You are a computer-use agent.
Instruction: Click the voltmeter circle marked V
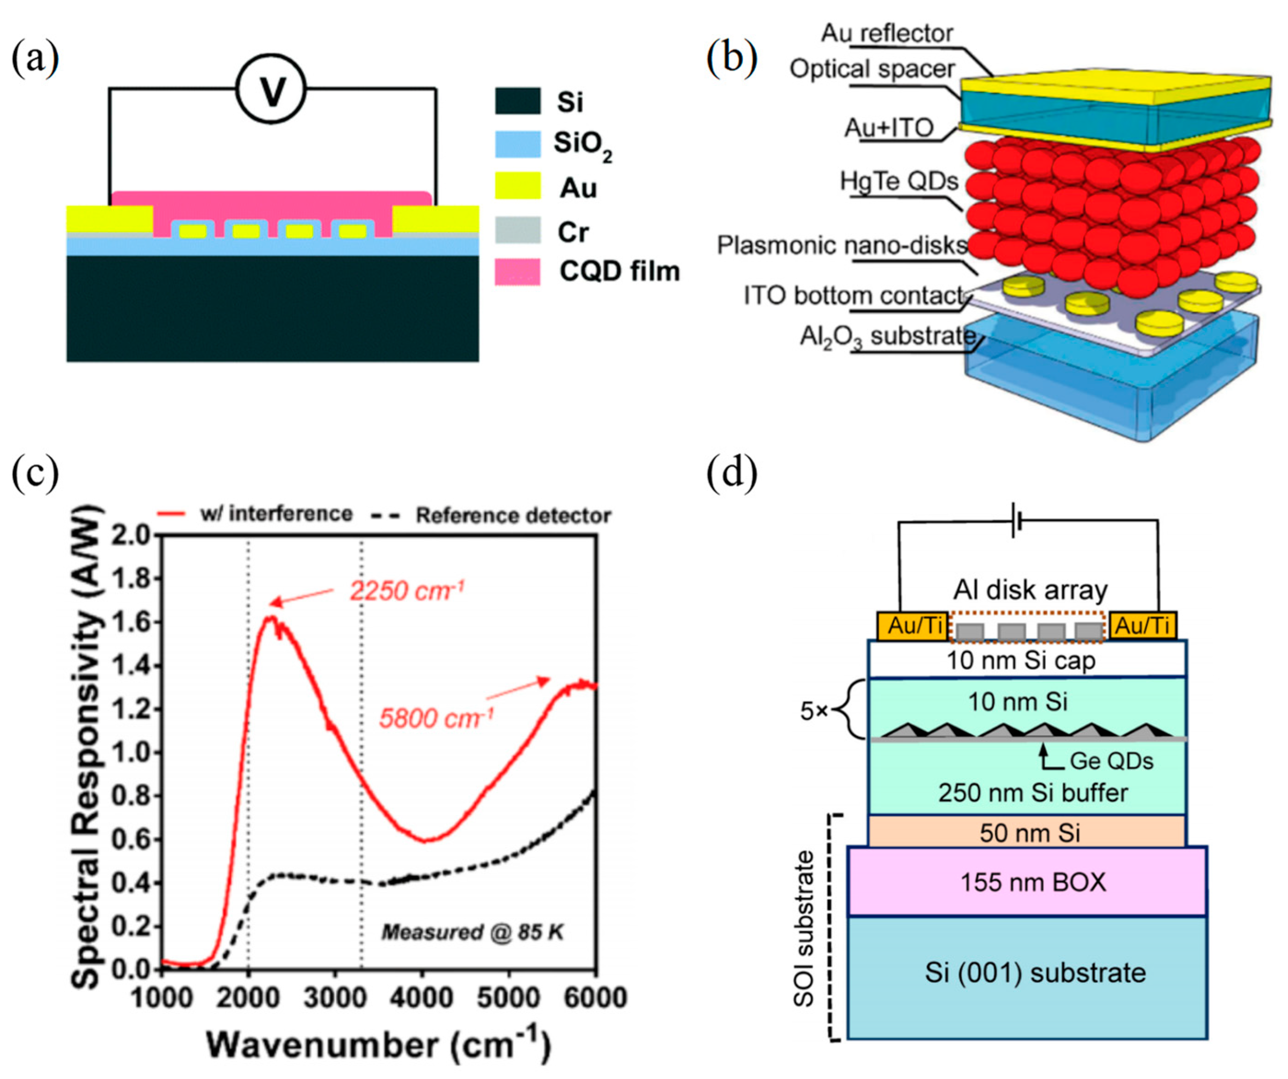pyautogui.click(x=271, y=90)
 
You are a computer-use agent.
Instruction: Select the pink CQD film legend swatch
pyautogui.click(x=518, y=272)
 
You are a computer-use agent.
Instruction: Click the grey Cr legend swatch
pyautogui.click(x=518, y=231)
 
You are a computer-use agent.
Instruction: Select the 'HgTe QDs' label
pyautogui.click(x=899, y=181)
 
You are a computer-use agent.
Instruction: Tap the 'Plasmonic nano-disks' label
pyautogui.click(x=842, y=245)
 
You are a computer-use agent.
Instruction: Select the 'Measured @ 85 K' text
pyautogui.click(x=472, y=933)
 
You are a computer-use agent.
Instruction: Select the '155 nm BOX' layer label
pyautogui.click(x=1033, y=882)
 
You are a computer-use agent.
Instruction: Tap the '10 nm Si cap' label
pyautogui.click(x=1021, y=661)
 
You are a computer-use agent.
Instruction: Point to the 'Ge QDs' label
pyautogui.click(x=1111, y=761)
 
